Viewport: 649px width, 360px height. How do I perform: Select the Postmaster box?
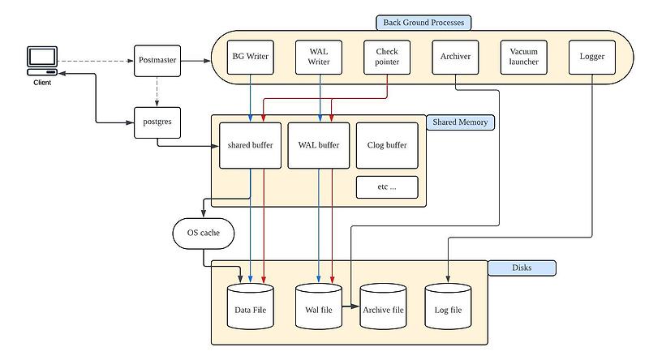(x=156, y=60)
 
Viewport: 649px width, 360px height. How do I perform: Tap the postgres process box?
(x=156, y=122)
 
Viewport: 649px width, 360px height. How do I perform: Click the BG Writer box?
(x=250, y=57)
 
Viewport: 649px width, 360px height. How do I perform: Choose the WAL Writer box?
(x=319, y=57)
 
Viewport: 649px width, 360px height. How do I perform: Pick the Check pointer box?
(x=386, y=57)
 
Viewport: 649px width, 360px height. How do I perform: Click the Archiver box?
(x=455, y=57)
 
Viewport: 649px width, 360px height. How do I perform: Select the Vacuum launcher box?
(x=523, y=57)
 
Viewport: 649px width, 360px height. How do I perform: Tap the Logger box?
(x=592, y=57)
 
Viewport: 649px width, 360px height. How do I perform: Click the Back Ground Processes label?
(x=423, y=23)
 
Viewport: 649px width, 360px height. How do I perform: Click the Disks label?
(x=522, y=267)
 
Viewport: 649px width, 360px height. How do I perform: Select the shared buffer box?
(x=250, y=146)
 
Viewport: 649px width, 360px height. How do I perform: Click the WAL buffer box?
(x=319, y=146)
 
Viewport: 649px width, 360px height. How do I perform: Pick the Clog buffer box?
(x=387, y=146)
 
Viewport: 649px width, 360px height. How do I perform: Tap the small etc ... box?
(x=387, y=187)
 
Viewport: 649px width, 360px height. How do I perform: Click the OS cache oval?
(x=203, y=234)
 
